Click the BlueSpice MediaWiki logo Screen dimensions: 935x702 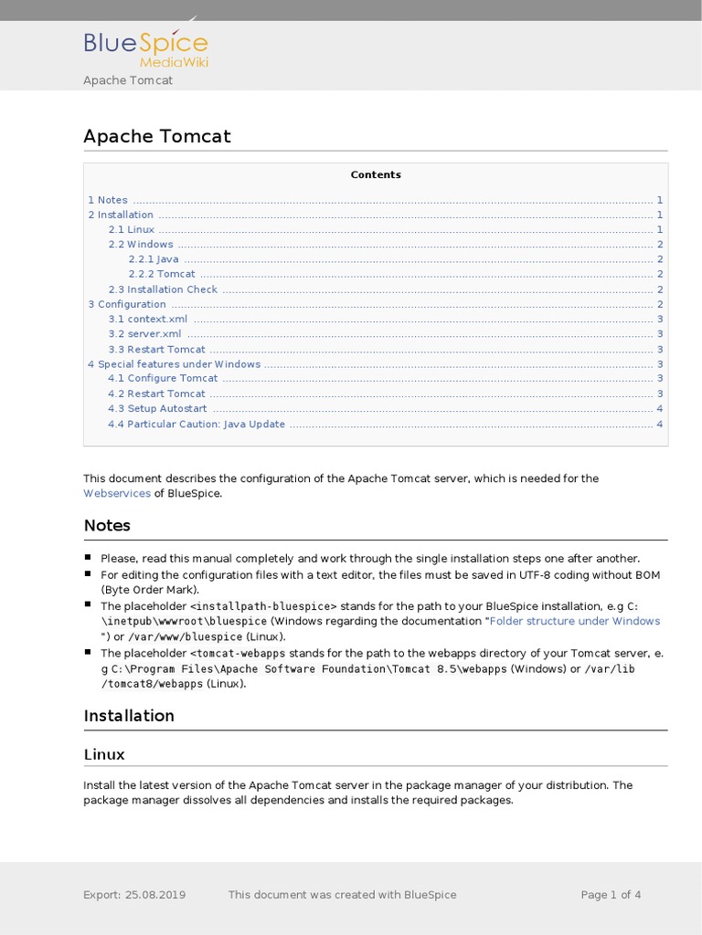(x=146, y=47)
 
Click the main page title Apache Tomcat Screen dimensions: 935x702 (x=157, y=136)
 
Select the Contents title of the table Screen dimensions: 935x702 (x=376, y=174)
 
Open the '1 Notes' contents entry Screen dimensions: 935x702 (x=108, y=200)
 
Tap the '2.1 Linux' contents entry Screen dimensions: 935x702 (x=132, y=230)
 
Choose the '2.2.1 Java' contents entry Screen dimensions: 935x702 (x=154, y=259)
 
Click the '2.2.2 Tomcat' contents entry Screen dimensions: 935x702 (x=162, y=274)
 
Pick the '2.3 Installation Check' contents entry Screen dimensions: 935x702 (x=163, y=289)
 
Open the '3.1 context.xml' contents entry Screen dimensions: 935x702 (x=148, y=319)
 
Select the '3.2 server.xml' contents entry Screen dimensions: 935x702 (x=144, y=334)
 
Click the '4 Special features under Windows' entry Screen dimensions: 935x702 (x=174, y=364)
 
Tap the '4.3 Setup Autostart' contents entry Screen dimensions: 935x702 (x=157, y=409)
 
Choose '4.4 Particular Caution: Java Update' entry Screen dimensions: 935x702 (x=197, y=424)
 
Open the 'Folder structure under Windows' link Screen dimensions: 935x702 (x=575, y=621)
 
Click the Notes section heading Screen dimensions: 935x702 (x=107, y=525)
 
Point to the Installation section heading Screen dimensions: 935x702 (x=129, y=715)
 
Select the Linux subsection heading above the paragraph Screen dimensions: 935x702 (x=104, y=754)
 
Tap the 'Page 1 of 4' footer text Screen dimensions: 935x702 (x=611, y=895)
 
